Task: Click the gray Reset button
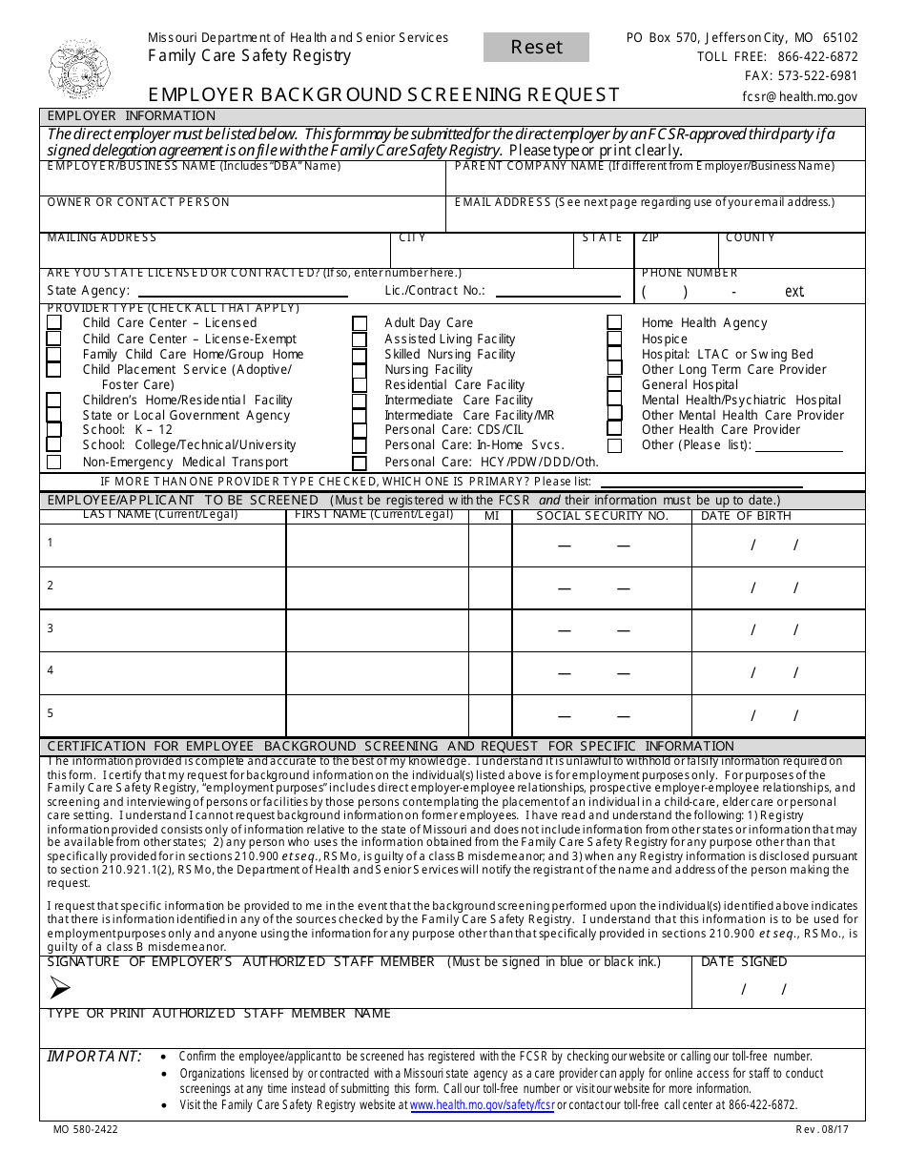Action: (x=536, y=48)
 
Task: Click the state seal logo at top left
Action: (x=80, y=69)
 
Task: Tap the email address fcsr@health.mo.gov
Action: (x=799, y=96)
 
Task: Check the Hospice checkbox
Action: (x=614, y=339)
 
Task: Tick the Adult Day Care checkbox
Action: (x=359, y=323)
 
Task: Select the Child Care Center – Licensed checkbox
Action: (x=54, y=323)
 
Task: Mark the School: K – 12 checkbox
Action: (x=54, y=430)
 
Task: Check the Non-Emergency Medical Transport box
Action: (x=54, y=462)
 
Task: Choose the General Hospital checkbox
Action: (x=614, y=384)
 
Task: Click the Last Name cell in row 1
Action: (x=163, y=545)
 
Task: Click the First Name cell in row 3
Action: (x=377, y=630)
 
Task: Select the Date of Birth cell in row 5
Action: (x=777, y=715)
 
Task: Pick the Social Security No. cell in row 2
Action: (x=601, y=588)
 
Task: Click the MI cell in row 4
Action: (x=490, y=673)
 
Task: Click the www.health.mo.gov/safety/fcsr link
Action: (x=482, y=1105)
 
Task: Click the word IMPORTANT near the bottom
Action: (x=94, y=1056)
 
